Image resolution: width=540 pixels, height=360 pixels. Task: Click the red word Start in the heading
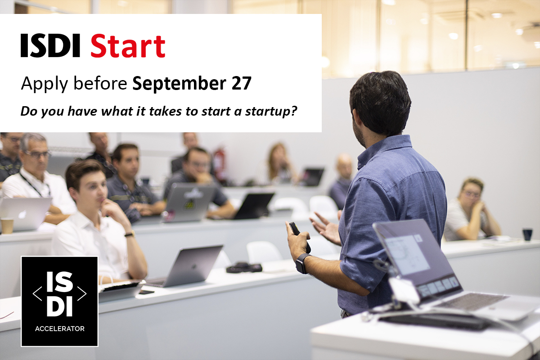coord(128,46)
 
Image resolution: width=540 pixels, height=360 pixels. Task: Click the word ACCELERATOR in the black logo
coord(59,328)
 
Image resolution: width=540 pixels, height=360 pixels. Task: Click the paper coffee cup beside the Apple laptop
coord(7,225)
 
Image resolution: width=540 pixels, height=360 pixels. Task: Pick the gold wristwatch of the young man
coord(130,234)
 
